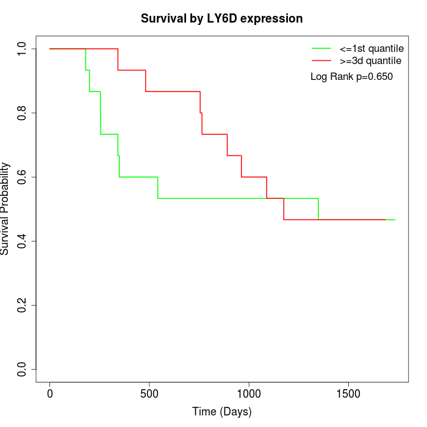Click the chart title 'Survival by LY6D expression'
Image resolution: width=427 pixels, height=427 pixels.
click(221, 19)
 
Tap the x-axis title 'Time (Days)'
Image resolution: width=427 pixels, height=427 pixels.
click(221, 412)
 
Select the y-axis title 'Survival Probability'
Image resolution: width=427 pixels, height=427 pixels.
click(5, 209)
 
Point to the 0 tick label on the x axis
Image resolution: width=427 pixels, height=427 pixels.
click(50, 393)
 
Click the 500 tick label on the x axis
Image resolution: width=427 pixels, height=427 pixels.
click(149, 393)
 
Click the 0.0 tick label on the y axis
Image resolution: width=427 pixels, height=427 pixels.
click(22, 370)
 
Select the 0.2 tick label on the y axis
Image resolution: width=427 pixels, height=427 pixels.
click(22, 306)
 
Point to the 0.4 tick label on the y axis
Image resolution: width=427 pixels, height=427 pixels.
click(22, 242)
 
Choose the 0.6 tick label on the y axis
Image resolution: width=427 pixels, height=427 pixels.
click(22, 177)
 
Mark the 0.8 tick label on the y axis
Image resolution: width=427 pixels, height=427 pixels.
click(22, 113)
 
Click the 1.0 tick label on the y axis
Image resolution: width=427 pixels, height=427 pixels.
click(22, 49)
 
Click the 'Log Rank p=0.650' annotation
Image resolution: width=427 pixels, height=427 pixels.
click(351, 77)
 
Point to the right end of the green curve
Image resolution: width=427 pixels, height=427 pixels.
click(395, 220)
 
